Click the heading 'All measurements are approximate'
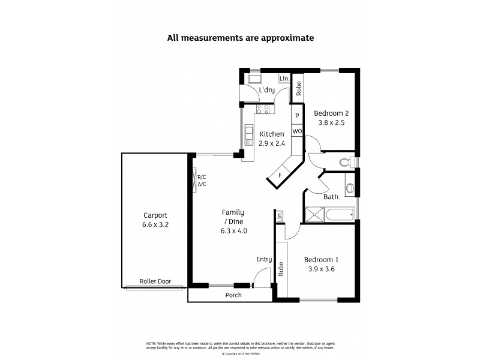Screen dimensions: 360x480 [x=240, y=38]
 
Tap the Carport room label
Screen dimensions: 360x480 [x=155, y=215]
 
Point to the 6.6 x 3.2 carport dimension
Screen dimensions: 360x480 [x=155, y=225]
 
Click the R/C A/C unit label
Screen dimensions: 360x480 [x=202, y=181]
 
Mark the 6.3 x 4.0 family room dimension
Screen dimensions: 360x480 [x=234, y=230]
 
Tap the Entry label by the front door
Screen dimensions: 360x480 [x=264, y=260]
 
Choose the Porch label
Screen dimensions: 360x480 [x=233, y=295]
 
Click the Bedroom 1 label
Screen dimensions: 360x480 [x=321, y=260]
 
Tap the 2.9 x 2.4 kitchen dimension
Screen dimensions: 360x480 [x=271, y=143]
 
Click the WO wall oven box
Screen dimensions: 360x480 [x=296, y=131]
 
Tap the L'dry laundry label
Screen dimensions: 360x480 [x=267, y=91]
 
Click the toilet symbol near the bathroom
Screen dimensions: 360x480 [x=344, y=161]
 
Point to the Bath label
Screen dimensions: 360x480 [x=331, y=197]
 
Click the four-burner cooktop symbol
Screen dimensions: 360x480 [x=263, y=109]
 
